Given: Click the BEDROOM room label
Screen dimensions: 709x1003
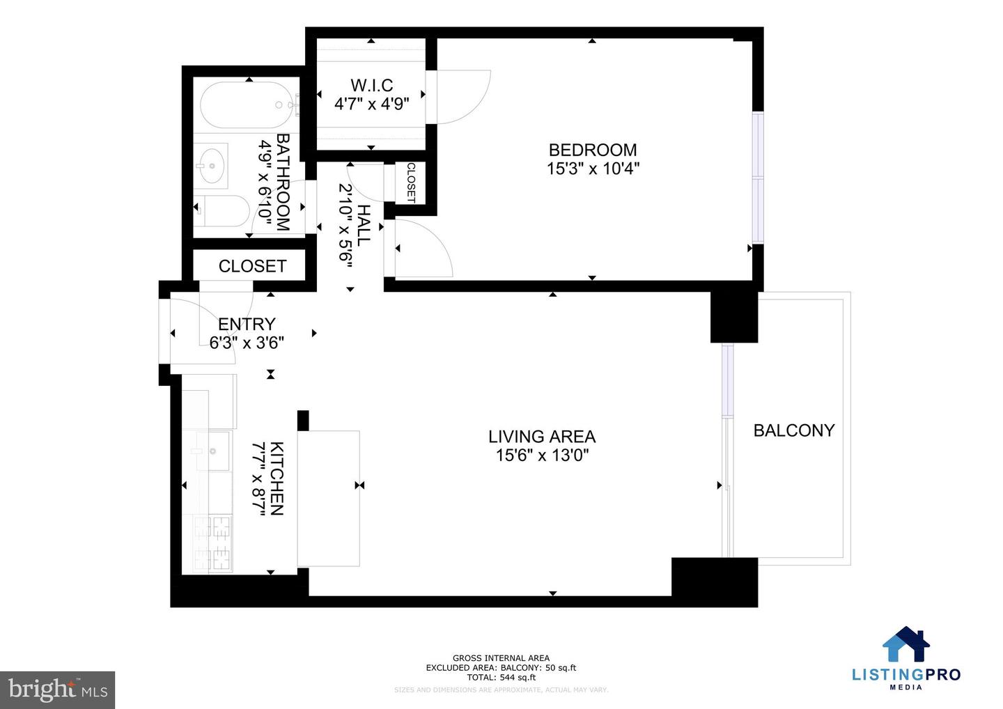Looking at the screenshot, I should coord(592,150).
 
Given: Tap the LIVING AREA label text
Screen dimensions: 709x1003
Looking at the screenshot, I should coord(541,437).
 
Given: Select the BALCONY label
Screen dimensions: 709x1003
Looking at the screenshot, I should coord(793,430).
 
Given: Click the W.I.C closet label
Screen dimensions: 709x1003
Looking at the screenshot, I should coord(371,86).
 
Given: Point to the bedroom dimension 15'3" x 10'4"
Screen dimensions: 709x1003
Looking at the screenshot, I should coord(592,169).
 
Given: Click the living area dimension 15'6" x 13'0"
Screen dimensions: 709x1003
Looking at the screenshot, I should coord(541,455).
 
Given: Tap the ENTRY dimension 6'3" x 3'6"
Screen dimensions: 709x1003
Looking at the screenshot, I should coord(247,343).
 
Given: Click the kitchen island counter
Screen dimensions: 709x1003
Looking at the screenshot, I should coord(328,498).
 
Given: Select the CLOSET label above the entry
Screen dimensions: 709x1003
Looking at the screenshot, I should coord(252,266).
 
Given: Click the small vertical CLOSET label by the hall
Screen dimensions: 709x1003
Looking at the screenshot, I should coord(410,183).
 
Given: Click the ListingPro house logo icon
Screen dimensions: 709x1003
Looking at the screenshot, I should coord(906,644).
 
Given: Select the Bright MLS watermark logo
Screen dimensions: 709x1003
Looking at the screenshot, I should coord(58,690).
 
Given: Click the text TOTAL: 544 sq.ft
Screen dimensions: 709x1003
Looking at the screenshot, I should coord(501,677).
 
